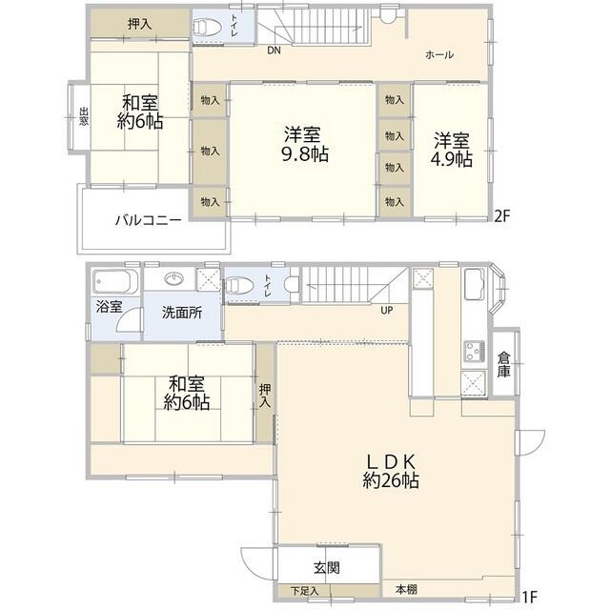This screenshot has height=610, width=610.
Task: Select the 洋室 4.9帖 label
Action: coord(453,149)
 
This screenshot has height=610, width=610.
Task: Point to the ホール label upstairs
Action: coord(438,54)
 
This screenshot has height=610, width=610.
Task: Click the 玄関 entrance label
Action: coord(326,567)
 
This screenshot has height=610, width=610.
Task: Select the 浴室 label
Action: coord(109,307)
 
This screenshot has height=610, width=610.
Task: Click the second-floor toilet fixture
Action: coord(206,29)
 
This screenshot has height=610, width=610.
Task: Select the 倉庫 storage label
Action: coord(504,365)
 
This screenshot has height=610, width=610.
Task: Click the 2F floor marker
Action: coord(503,215)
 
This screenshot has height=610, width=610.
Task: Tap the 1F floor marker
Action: coord(529,598)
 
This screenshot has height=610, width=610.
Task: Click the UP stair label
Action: coord(386,311)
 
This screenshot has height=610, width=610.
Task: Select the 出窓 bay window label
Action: coord(83,118)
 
